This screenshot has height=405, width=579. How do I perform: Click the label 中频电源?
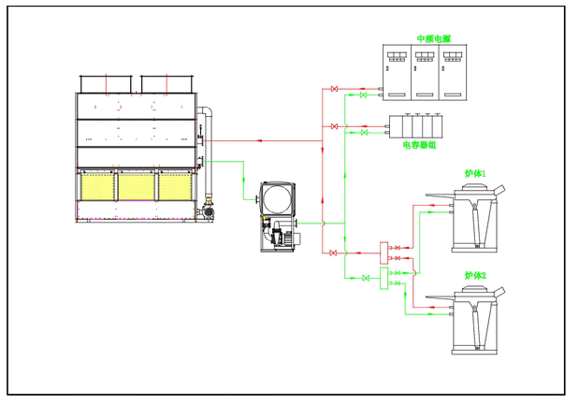(433, 39)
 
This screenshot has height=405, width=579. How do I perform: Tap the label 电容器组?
(419, 145)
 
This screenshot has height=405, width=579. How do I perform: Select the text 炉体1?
(475, 174)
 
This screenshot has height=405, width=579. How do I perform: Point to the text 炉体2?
(475, 276)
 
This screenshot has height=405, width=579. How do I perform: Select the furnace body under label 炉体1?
(475, 218)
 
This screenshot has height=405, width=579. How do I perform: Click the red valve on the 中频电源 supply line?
(334, 90)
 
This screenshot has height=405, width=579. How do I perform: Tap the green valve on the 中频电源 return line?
(363, 95)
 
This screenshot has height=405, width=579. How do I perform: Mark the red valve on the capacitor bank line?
(334, 125)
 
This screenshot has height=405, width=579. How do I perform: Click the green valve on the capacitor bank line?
(363, 133)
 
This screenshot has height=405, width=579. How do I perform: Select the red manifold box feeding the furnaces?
(383, 250)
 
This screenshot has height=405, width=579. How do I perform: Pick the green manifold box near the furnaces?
(384, 278)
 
